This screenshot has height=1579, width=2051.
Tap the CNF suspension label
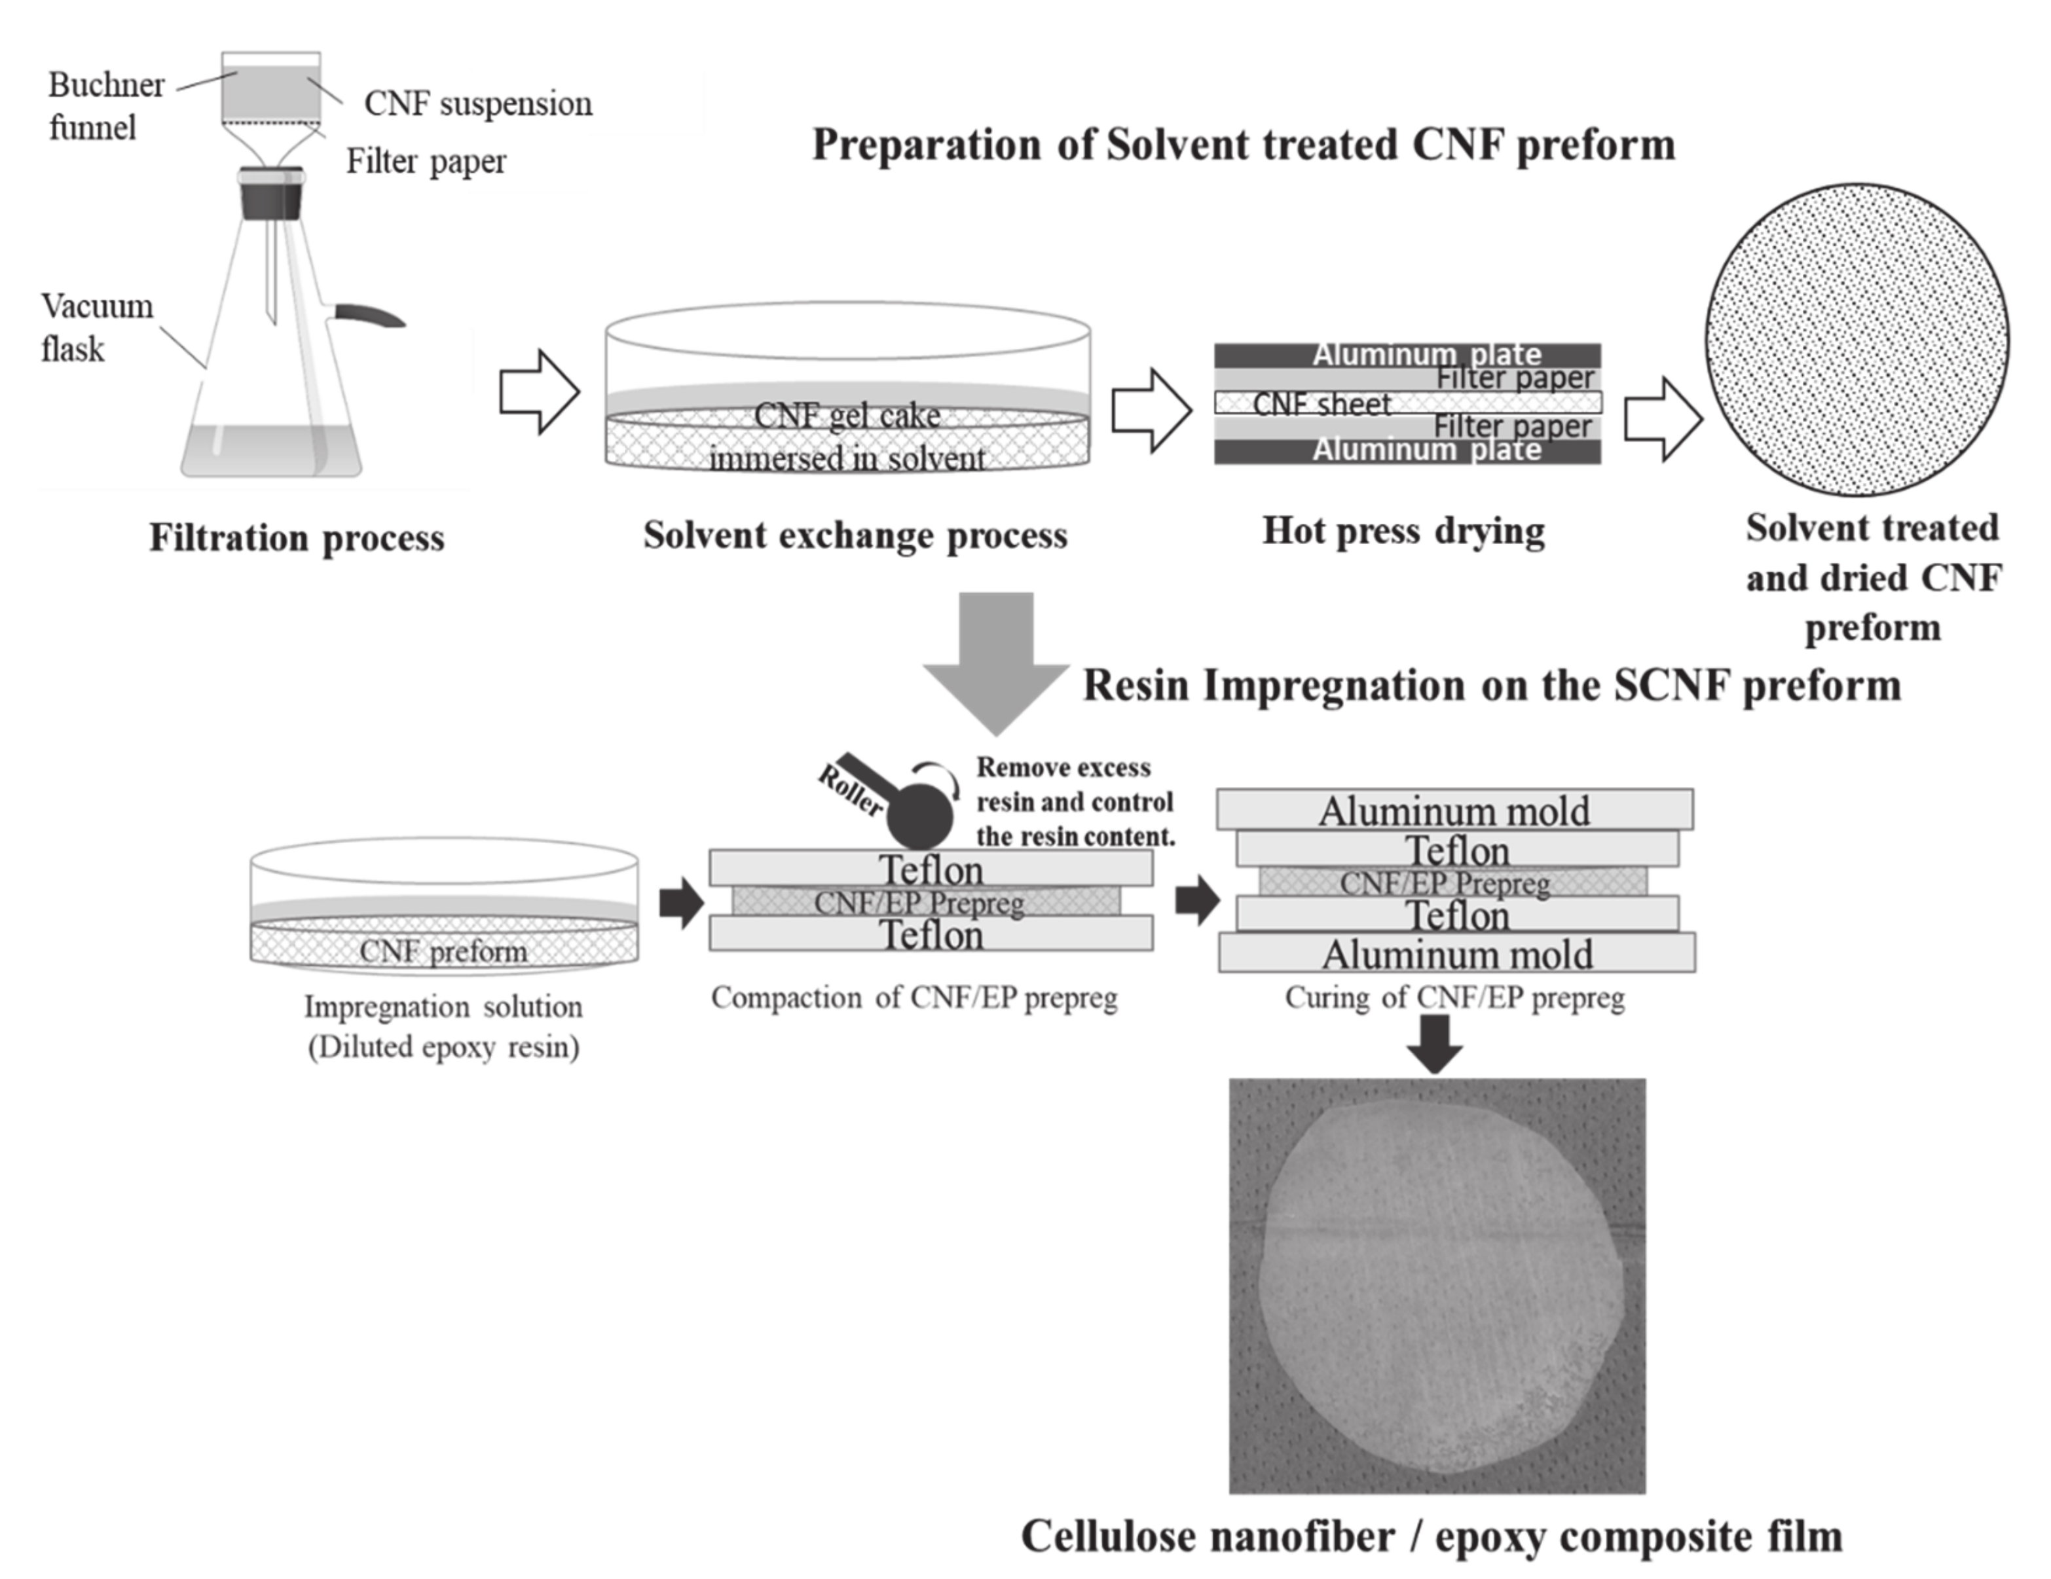477,103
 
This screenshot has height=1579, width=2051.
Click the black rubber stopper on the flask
271,194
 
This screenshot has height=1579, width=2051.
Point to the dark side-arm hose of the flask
368,316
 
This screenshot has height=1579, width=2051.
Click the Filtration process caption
296,538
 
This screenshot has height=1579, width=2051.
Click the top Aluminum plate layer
1407,355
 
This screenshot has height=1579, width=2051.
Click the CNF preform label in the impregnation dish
443,951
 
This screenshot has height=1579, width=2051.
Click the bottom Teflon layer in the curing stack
1456,915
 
